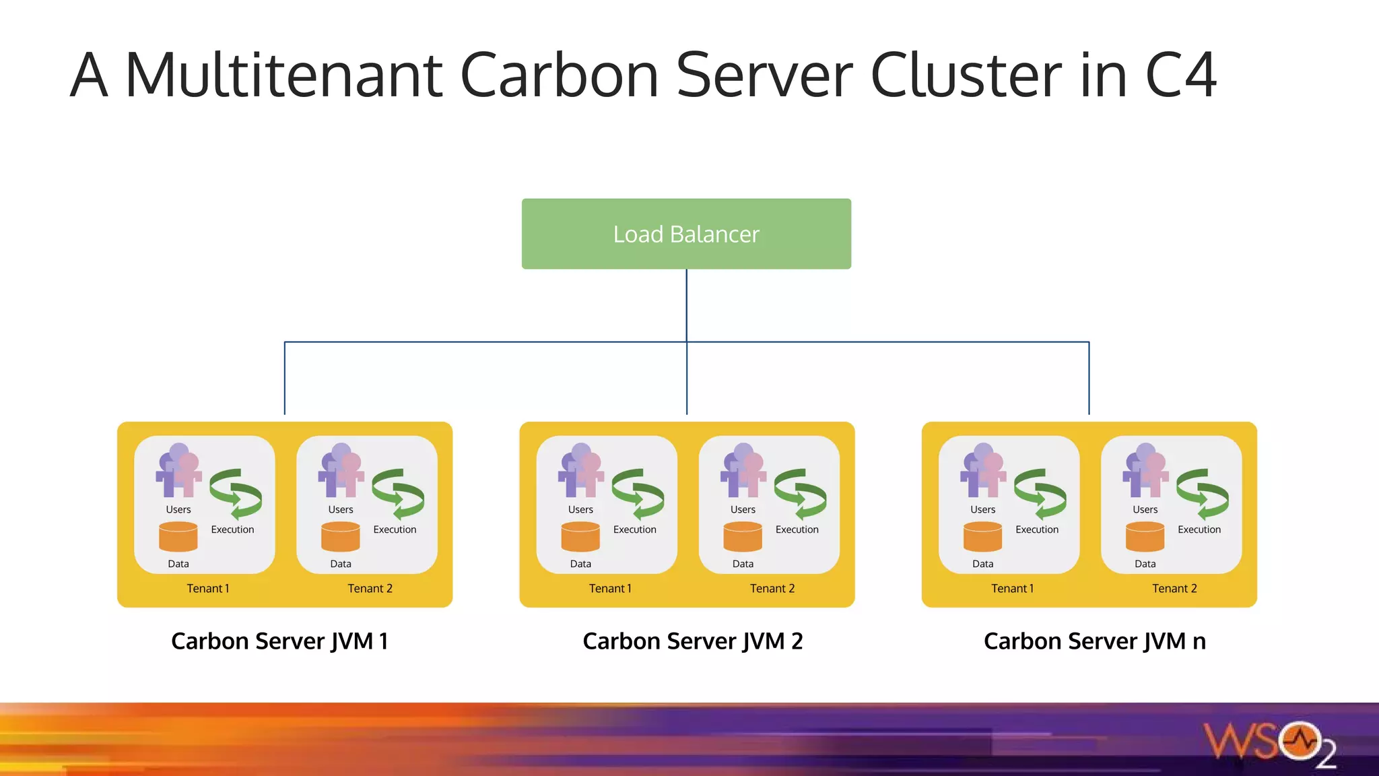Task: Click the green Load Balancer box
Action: click(686, 234)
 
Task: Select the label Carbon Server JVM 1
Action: click(279, 641)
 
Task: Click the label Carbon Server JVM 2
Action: click(692, 641)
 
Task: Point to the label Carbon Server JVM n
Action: click(1094, 641)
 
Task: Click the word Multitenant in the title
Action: click(283, 75)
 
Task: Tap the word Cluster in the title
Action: click(966, 75)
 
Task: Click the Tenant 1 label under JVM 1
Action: click(208, 588)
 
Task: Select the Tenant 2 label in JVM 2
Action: click(772, 588)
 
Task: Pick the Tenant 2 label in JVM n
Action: click(1174, 588)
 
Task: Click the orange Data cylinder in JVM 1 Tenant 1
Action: click(178, 537)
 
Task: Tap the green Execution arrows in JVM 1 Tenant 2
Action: click(398, 494)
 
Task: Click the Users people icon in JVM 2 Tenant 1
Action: click(580, 470)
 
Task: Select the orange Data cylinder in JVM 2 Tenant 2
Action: click(743, 537)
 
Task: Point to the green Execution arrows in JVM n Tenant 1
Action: click(1040, 494)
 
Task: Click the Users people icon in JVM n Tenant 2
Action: click(1145, 470)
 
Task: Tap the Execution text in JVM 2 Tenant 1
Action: click(634, 529)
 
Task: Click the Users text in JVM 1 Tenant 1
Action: click(178, 509)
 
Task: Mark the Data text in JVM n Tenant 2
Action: click(1145, 564)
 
